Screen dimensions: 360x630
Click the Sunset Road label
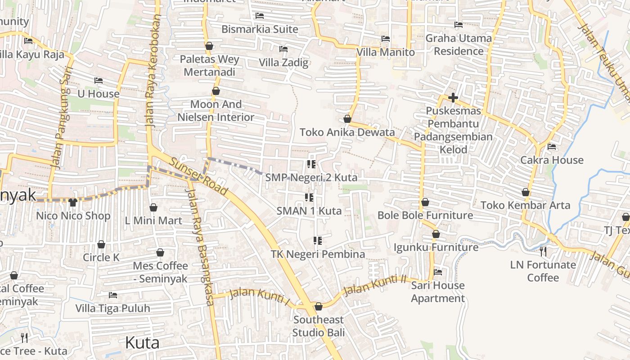198,176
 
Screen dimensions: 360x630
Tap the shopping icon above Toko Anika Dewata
347,119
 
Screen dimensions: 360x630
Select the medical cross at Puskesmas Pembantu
453,97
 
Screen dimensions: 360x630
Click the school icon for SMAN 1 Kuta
309,198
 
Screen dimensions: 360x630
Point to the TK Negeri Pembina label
318,254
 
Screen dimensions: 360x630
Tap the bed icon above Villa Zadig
283,49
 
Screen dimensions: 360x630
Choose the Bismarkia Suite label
260,29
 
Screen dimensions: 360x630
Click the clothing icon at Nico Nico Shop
73,202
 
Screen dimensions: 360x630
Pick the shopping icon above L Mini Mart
153,207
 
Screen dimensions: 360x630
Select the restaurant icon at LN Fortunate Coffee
543,251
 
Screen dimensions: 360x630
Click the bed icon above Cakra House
551,147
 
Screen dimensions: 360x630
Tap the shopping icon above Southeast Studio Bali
319,306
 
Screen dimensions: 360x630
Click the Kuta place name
142,343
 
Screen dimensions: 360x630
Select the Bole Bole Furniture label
425,216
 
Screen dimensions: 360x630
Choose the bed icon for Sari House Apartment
437,272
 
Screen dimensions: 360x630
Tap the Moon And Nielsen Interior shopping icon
216,91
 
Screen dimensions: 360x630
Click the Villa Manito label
385,52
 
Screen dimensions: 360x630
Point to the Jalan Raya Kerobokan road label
153,72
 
